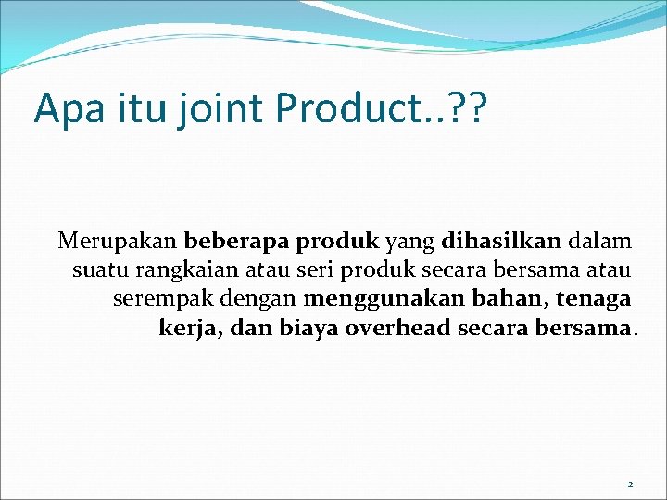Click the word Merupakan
(118, 243)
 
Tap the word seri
(316, 271)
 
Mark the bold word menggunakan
(384, 300)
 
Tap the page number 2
(630, 484)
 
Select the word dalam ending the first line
(601, 243)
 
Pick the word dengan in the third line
(267, 300)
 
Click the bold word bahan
(509, 300)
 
